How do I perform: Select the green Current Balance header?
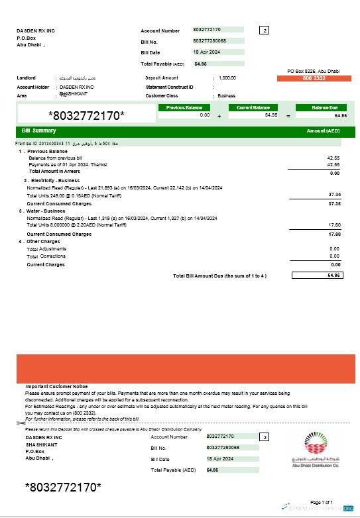tap(253, 107)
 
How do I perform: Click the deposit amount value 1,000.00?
tap(227, 78)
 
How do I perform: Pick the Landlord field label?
tap(27, 78)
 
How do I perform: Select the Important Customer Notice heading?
tap(56, 386)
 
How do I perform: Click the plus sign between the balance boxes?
tap(219, 116)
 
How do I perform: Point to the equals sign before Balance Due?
tap(288, 116)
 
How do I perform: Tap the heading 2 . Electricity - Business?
tap(52, 180)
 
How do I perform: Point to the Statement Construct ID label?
tap(169, 87)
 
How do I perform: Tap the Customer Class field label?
tap(164, 95)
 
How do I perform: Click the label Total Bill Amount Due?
tap(219, 276)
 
